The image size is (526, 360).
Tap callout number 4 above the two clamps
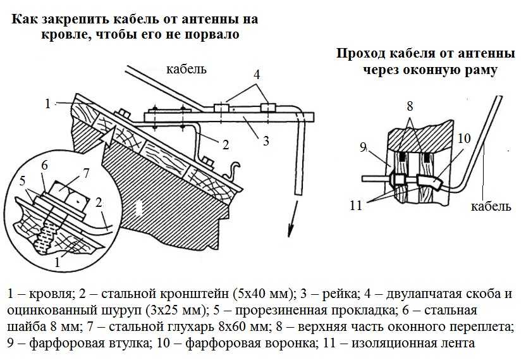tap(256, 74)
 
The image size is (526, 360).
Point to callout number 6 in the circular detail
tap(44, 165)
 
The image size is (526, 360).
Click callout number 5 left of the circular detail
tap(23, 182)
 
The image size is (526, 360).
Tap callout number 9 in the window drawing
tap(363, 147)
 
